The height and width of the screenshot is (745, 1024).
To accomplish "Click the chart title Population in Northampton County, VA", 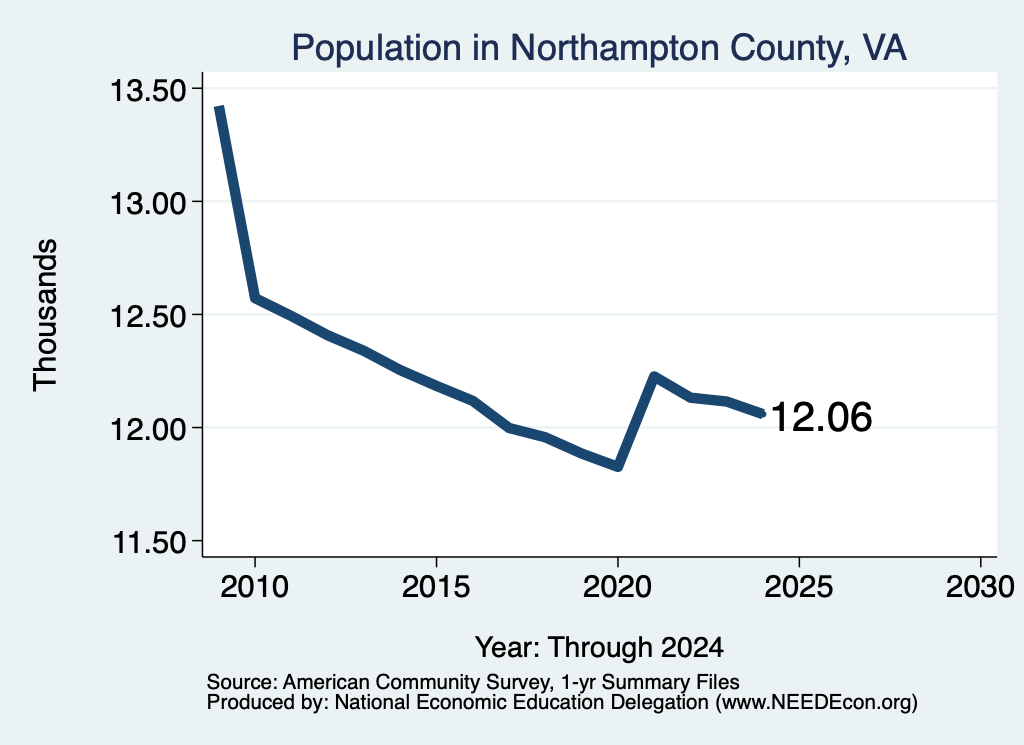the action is coord(599,48).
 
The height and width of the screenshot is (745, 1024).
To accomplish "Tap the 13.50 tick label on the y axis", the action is coord(147,90).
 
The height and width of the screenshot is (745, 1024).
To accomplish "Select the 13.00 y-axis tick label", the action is coord(147,203).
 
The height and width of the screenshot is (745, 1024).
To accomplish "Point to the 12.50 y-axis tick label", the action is coord(147,316).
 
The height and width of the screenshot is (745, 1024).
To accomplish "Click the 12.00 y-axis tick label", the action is coord(147,430).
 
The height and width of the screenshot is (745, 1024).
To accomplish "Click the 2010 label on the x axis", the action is coord(255,586).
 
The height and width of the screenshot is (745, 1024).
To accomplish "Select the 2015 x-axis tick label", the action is coord(436,586).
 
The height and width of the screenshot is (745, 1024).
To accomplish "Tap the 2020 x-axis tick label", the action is coord(617,586).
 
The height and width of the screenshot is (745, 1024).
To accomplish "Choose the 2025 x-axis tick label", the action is coord(799,586).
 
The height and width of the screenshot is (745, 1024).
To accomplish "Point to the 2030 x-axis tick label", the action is coord(980,586).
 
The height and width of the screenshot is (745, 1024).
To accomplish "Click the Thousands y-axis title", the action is coord(45,315).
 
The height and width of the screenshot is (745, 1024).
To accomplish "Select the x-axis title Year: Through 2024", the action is coord(600,647).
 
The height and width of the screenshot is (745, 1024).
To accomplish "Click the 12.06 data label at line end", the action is coord(822,417).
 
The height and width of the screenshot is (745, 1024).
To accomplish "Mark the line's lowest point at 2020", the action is coord(617,467).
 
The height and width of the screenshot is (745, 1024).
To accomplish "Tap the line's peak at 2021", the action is coord(654,375).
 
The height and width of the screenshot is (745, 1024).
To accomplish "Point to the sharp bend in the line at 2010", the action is coord(255,298).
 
